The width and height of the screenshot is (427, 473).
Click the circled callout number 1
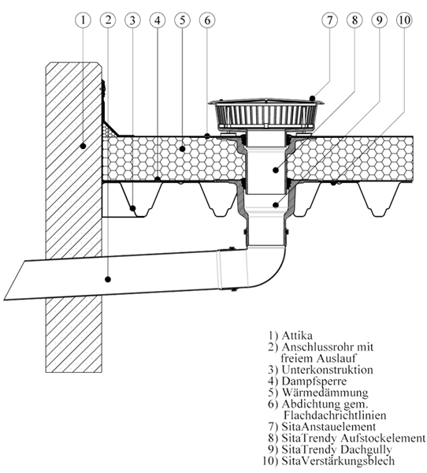click(x=83, y=20)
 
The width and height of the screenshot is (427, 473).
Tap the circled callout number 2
click(x=108, y=20)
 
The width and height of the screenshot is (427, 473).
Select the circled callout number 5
click(x=182, y=20)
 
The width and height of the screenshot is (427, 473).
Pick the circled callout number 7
click(x=329, y=20)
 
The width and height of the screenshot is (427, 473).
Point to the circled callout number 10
click(x=404, y=20)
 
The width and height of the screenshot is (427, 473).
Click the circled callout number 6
click(x=207, y=20)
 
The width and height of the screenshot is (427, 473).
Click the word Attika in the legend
click(x=297, y=336)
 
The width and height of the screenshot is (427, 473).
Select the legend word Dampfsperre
click(x=314, y=381)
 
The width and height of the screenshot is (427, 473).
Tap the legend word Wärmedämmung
click(x=325, y=393)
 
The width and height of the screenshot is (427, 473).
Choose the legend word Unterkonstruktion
click(x=327, y=370)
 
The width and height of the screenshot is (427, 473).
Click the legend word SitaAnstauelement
click(x=329, y=426)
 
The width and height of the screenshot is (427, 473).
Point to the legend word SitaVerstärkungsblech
click(x=338, y=460)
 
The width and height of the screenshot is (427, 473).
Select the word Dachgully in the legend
click(x=366, y=449)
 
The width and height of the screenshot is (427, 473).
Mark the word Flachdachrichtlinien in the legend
click(x=335, y=415)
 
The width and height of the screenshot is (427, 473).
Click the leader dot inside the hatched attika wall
click(x=83, y=147)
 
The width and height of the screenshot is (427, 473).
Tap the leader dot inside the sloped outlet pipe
click(x=108, y=279)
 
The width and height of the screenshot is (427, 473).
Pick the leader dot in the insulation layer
click(x=182, y=148)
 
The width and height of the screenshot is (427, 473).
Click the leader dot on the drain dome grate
click(x=313, y=99)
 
